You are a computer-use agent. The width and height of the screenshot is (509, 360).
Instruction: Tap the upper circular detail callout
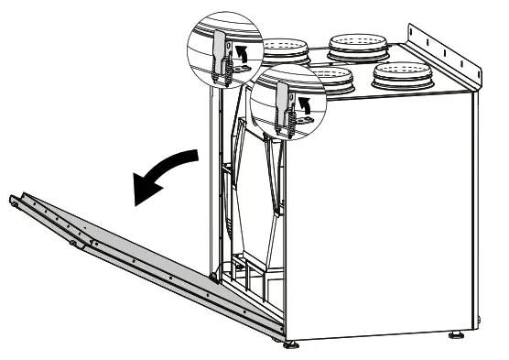click(223, 50)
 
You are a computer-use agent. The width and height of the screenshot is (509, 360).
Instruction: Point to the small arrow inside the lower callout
click(305, 107)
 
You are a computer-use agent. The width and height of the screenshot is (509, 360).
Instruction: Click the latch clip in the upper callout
click(220, 54)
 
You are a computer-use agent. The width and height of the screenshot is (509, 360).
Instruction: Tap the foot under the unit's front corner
click(291, 344)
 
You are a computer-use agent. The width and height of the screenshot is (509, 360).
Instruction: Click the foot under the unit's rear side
click(455, 335)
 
